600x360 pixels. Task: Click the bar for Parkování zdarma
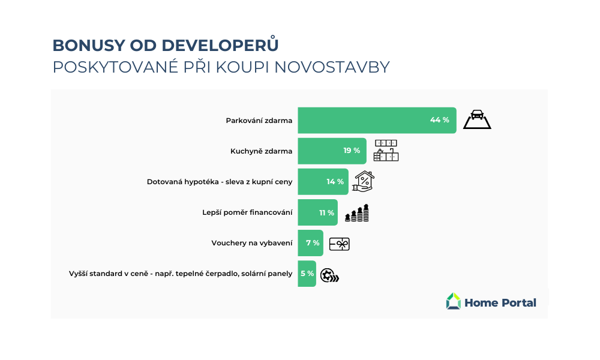click(377, 120)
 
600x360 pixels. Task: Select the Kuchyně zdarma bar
click(332, 151)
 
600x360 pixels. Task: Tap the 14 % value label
click(335, 182)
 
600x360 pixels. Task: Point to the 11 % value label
click(327, 213)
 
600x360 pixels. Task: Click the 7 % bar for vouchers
click(310, 243)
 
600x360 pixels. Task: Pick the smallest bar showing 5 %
click(307, 274)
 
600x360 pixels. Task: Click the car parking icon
click(477, 119)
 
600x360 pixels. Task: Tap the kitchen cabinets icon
click(386, 151)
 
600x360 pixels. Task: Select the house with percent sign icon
click(364, 181)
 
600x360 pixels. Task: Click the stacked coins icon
click(357, 213)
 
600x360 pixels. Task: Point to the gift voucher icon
click(340, 244)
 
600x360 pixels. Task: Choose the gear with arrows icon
click(329, 275)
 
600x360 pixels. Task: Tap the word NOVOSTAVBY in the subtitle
click(332, 67)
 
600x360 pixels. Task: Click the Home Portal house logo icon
click(454, 301)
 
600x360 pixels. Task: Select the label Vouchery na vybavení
click(252, 243)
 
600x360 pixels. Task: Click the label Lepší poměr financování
click(247, 212)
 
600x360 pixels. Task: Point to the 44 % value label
click(440, 120)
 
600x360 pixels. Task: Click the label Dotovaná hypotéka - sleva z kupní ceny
click(220, 182)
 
